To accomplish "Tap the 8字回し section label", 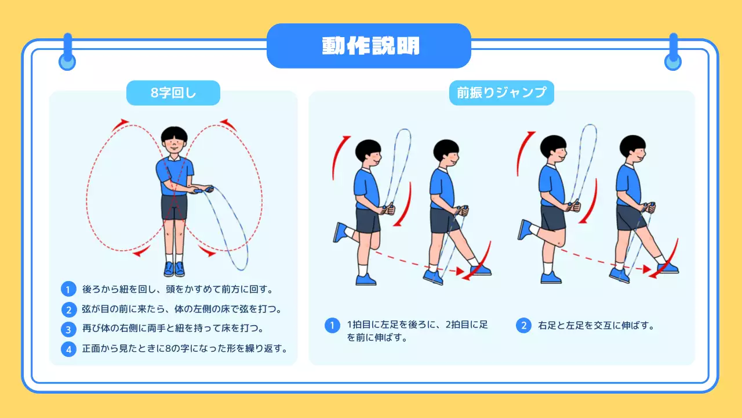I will click(173, 93).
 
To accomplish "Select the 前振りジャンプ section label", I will click(501, 93).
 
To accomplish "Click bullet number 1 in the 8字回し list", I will click(68, 289).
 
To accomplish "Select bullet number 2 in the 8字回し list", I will click(68, 309).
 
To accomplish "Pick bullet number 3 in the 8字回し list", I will click(68, 329).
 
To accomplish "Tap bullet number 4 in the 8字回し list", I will click(68, 349).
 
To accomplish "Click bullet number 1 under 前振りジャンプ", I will click(332, 325).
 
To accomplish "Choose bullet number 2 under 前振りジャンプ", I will click(523, 325).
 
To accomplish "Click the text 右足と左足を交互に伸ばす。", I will click(596, 325).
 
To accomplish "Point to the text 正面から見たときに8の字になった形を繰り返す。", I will click(185, 349).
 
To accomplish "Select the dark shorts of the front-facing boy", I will click(174, 207).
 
